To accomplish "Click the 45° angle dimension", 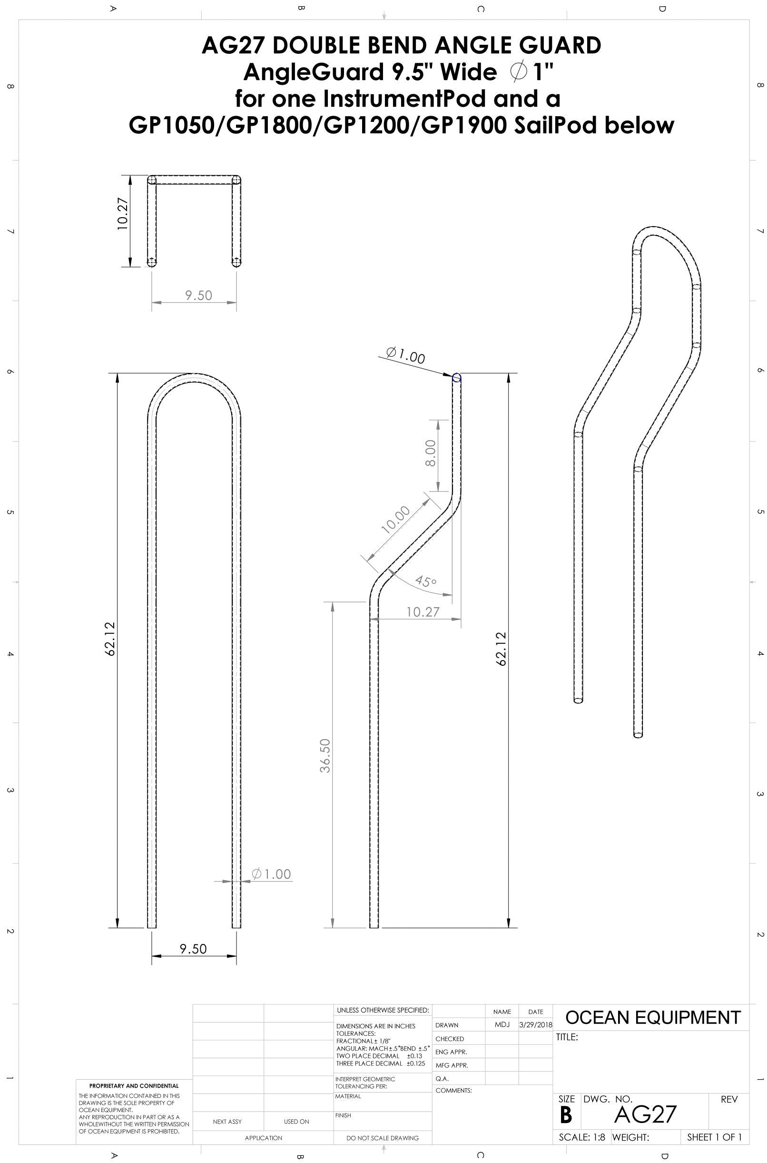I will tap(425, 581).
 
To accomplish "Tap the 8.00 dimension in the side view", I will tap(431, 453).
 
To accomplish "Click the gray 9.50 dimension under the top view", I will tap(198, 295).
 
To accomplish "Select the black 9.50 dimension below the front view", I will tap(193, 949).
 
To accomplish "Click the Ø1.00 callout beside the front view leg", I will tap(272, 874).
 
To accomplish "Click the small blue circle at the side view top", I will tap(456, 377).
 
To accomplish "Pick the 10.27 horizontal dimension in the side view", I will tap(423, 612).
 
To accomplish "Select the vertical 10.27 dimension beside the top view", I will tap(123, 213).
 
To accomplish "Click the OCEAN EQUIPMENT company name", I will tap(653, 1018).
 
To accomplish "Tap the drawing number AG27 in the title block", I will tap(645, 1114).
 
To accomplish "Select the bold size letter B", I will tap(565, 1115).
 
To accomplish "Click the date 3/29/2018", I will tap(536, 1025).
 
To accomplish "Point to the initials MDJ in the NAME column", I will tap(502, 1025).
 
